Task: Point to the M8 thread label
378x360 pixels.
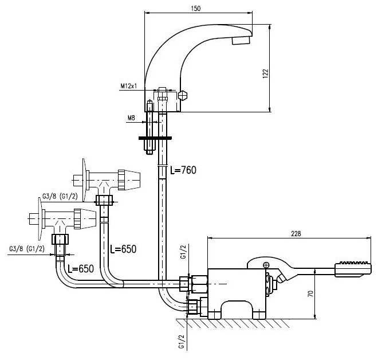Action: (x=131, y=119)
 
